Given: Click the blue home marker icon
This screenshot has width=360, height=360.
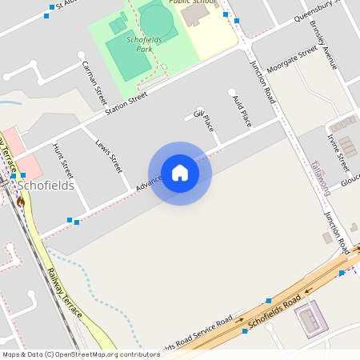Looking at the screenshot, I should pyautogui.click(x=180, y=173).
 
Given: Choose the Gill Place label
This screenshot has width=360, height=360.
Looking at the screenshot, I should pyautogui.click(x=205, y=120).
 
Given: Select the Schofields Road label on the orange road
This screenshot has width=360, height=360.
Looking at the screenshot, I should pyautogui.click(x=274, y=311).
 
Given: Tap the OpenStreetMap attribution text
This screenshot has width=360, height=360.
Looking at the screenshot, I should pyautogui.click(x=82, y=354).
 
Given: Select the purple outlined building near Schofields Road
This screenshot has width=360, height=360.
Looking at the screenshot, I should pyautogui.click(x=310, y=319).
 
